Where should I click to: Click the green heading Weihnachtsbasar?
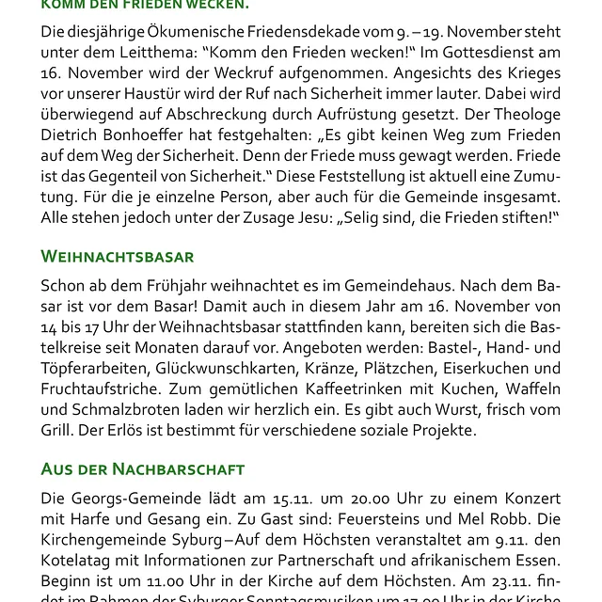click(118, 257)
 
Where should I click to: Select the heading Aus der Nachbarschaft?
click(143, 468)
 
